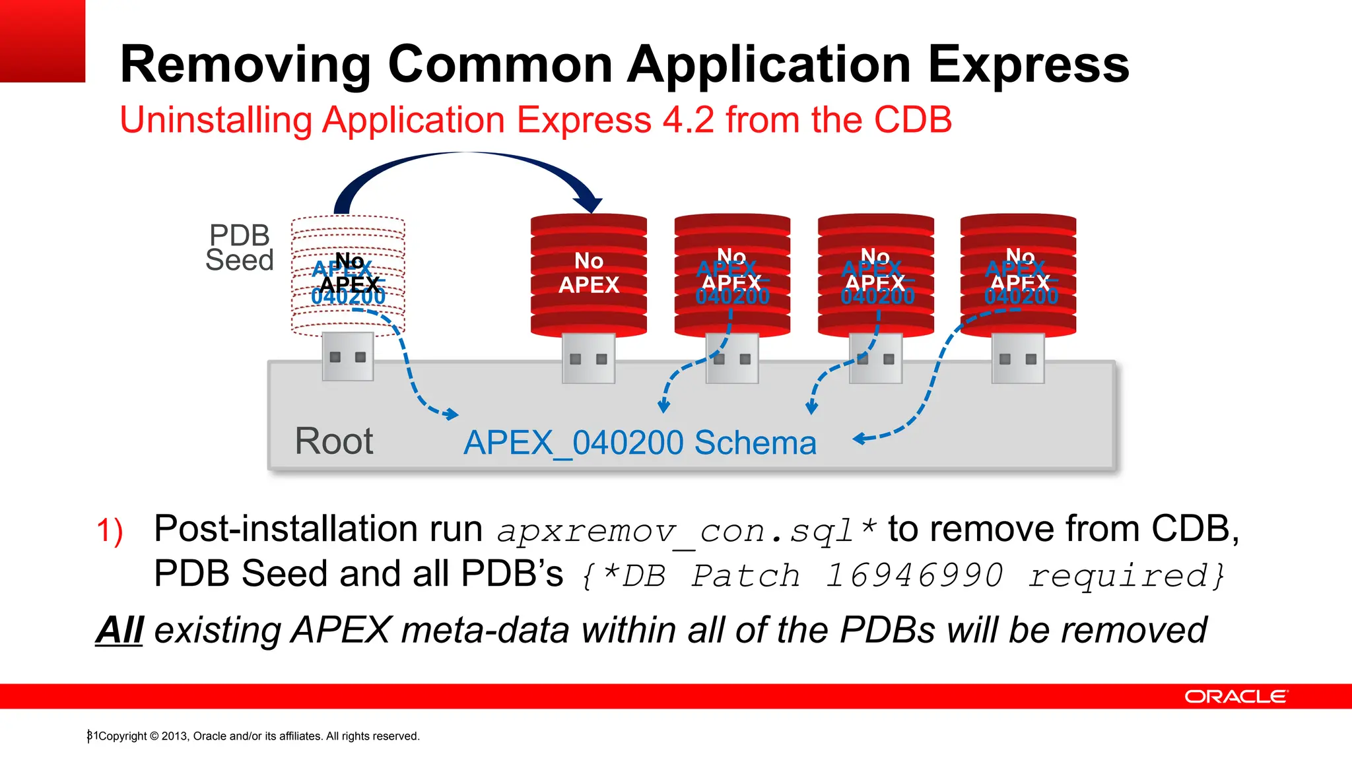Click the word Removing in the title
coord(246,65)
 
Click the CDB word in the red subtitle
coord(912,121)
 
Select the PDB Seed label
coord(239,247)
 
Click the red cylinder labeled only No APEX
coord(588,274)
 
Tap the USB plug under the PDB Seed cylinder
coord(348,356)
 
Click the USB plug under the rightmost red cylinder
coord(1017,358)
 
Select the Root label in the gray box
coord(333,441)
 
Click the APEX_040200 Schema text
coord(640,443)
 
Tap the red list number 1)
coord(110,531)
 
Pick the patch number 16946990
coord(915,575)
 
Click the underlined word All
coord(119,630)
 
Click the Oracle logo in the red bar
coord(1235,697)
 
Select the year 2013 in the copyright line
coord(174,736)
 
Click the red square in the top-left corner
coord(42,41)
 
